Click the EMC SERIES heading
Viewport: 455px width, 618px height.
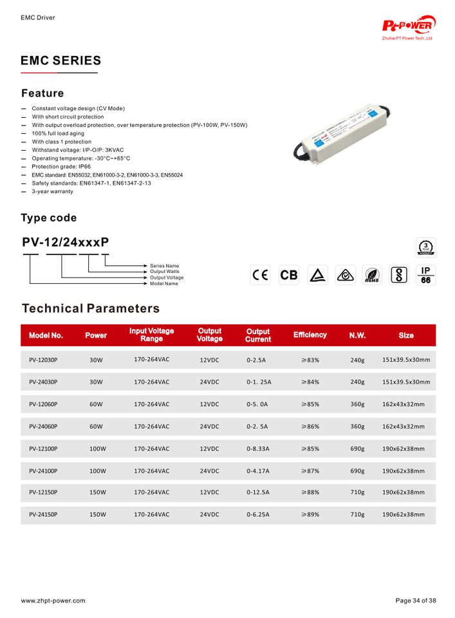pos(61,61)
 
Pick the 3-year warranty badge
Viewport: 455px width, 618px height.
pos(425,247)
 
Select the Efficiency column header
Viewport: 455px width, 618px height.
pos(310,335)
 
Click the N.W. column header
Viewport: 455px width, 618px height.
pos(357,335)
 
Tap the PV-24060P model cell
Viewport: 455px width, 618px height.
pos(43,426)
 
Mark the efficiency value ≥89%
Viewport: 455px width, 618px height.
pos(310,514)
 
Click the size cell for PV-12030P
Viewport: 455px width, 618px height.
pos(406,360)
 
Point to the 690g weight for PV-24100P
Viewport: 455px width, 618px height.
pos(357,471)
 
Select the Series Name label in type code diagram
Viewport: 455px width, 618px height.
pos(164,265)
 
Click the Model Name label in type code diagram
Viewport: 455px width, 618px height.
pos(164,283)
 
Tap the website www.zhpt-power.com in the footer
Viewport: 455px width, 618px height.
pos(53,601)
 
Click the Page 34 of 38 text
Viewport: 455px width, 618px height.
pos(415,601)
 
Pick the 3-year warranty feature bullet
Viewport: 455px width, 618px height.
pos(52,191)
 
